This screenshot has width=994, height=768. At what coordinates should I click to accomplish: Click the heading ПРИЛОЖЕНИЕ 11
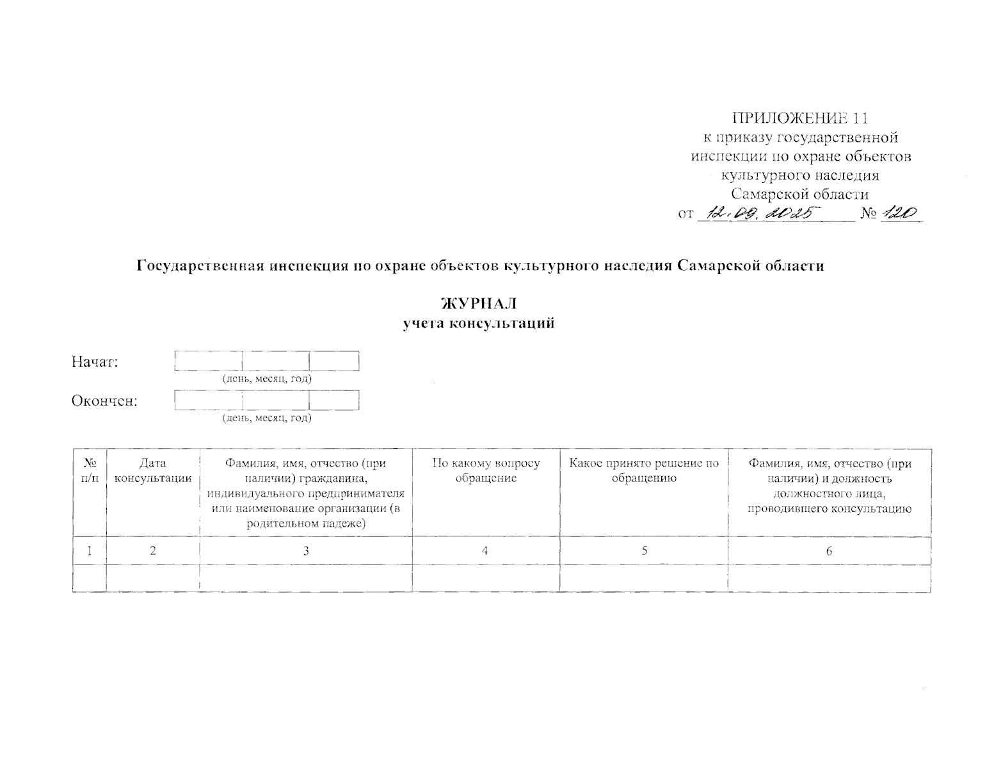pyautogui.click(x=800, y=118)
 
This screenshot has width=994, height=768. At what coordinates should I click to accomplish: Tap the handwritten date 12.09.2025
pyautogui.click(x=758, y=214)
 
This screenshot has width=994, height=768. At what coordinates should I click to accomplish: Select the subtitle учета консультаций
pyautogui.click(x=478, y=323)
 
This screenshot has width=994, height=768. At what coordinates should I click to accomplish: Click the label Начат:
pyautogui.click(x=95, y=362)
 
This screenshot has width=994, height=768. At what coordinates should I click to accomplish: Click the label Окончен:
pyautogui.click(x=104, y=401)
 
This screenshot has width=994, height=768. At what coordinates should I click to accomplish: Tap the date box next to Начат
pyautogui.click(x=266, y=361)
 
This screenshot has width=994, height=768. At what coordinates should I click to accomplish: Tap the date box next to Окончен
pyautogui.click(x=266, y=400)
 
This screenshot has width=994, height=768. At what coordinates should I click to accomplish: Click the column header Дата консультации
pyautogui.click(x=152, y=471)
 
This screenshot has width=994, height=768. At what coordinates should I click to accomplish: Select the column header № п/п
pyautogui.click(x=90, y=471)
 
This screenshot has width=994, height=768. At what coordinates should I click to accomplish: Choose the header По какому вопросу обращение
pyautogui.click(x=486, y=471)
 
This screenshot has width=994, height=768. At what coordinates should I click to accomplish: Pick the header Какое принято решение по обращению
pyautogui.click(x=644, y=471)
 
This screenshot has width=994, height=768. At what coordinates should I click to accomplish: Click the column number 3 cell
pyautogui.click(x=306, y=551)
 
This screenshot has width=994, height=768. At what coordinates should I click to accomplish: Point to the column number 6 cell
pyautogui.click(x=830, y=551)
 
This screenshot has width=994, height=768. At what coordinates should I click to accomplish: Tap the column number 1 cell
pyautogui.click(x=90, y=551)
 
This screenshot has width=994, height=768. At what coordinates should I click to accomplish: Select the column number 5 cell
pyautogui.click(x=644, y=551)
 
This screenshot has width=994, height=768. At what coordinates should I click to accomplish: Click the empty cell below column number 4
pyautogui.click(x=486, y=578)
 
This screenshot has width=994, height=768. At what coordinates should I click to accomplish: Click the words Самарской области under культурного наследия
pyautogui.click(x=800, y=194)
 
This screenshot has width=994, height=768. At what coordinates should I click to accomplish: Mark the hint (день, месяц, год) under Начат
pyautogui.click(x=267, y=379)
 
